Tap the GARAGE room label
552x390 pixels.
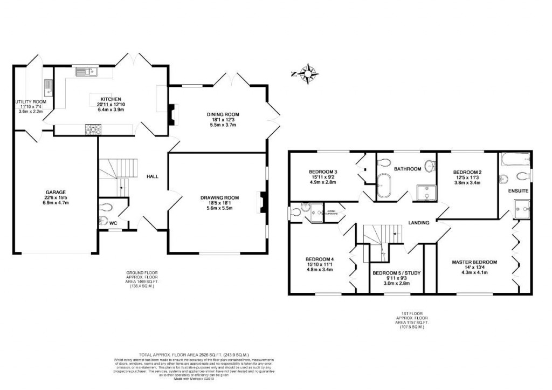point(56,191)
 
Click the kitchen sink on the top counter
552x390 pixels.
point(85,71)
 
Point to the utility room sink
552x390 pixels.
point(48,85)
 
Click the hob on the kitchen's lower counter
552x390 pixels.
point(92,128)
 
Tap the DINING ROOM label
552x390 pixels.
point(223,114)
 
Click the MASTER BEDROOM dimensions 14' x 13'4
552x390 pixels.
point(474,268)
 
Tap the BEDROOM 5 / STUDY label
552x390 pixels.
point(396,273)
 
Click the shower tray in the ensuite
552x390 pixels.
point(521,208)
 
